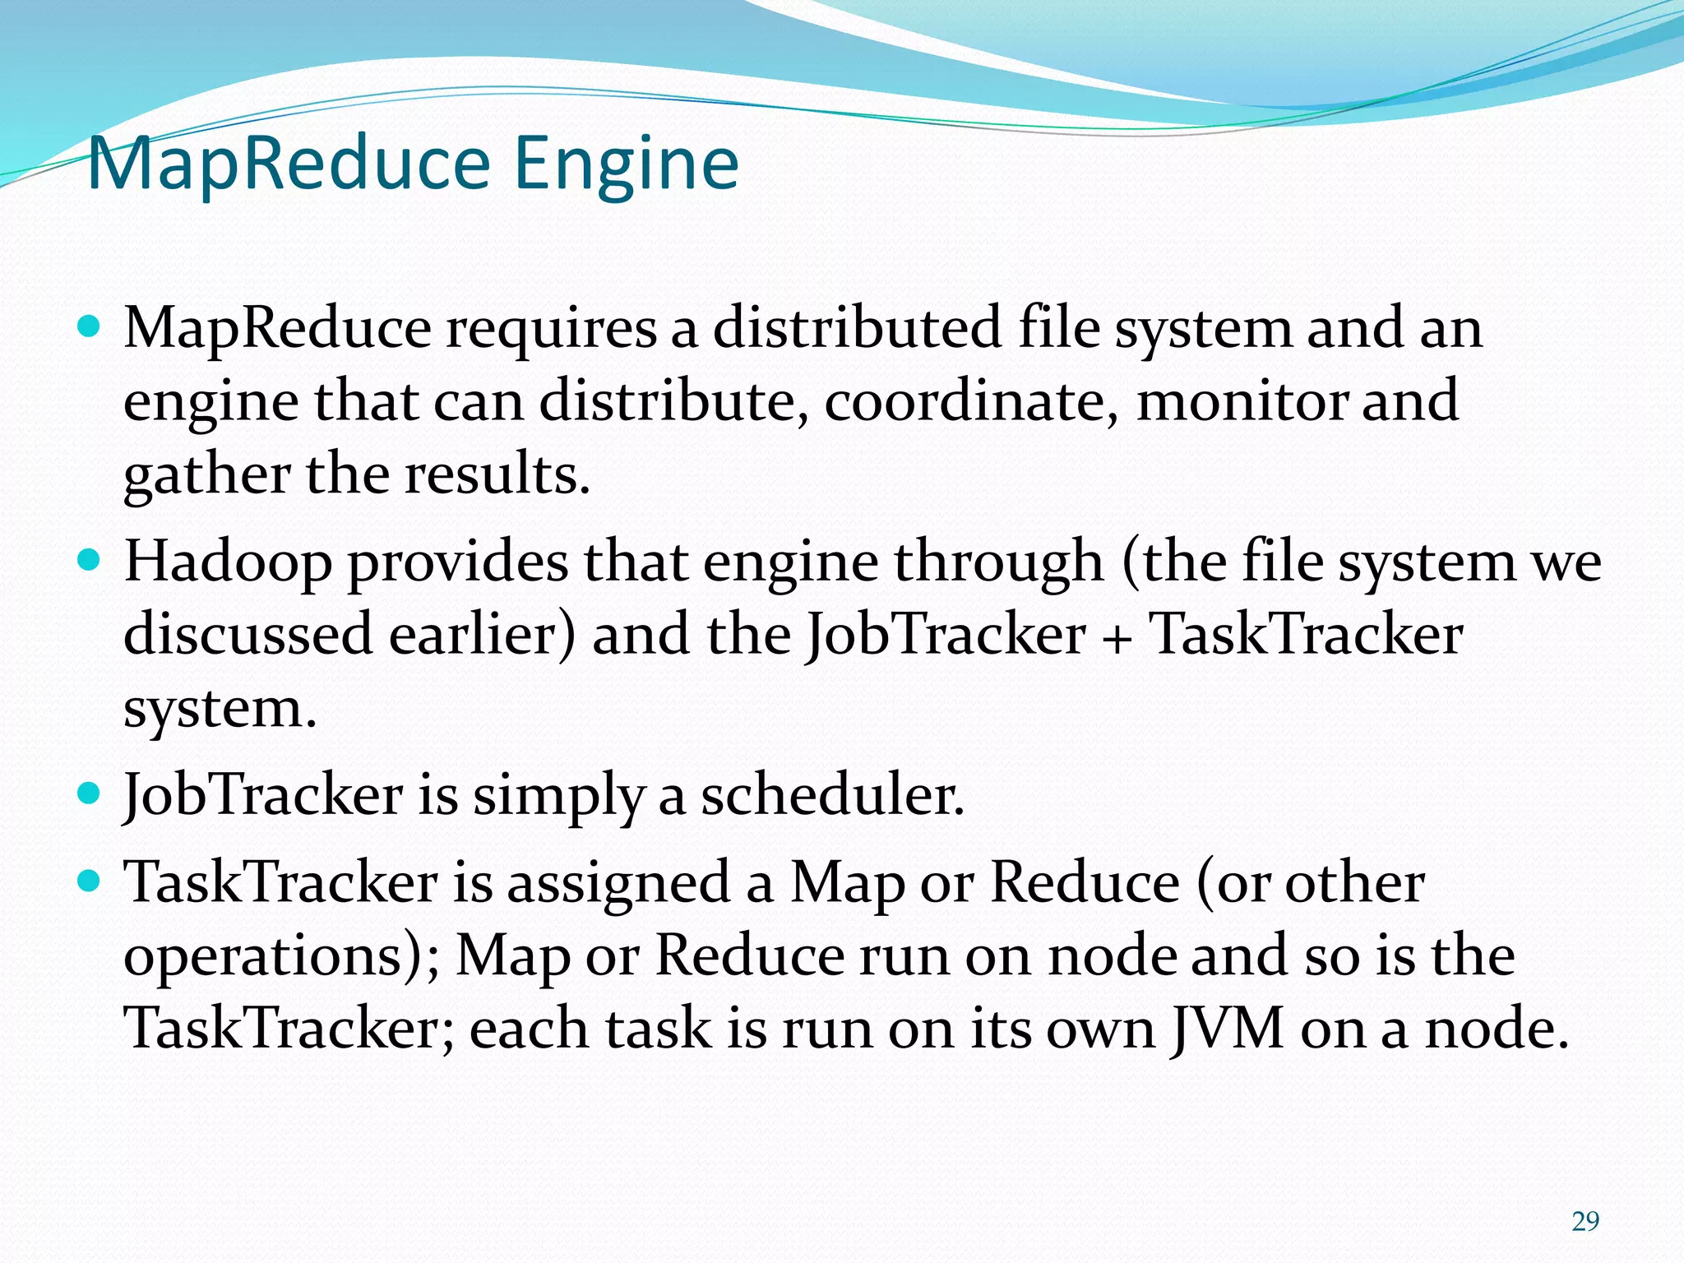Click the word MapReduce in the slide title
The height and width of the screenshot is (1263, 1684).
tap(289, 164)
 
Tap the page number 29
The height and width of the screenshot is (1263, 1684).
tap(1585, 1222)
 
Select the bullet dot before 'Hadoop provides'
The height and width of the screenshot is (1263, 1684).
tap(88, 562)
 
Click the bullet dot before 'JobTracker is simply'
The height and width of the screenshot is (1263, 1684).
tap(88, 794)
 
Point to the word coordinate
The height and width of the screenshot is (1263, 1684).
tap(970, 401)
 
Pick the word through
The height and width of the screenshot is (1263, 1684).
tap(998, 565)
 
